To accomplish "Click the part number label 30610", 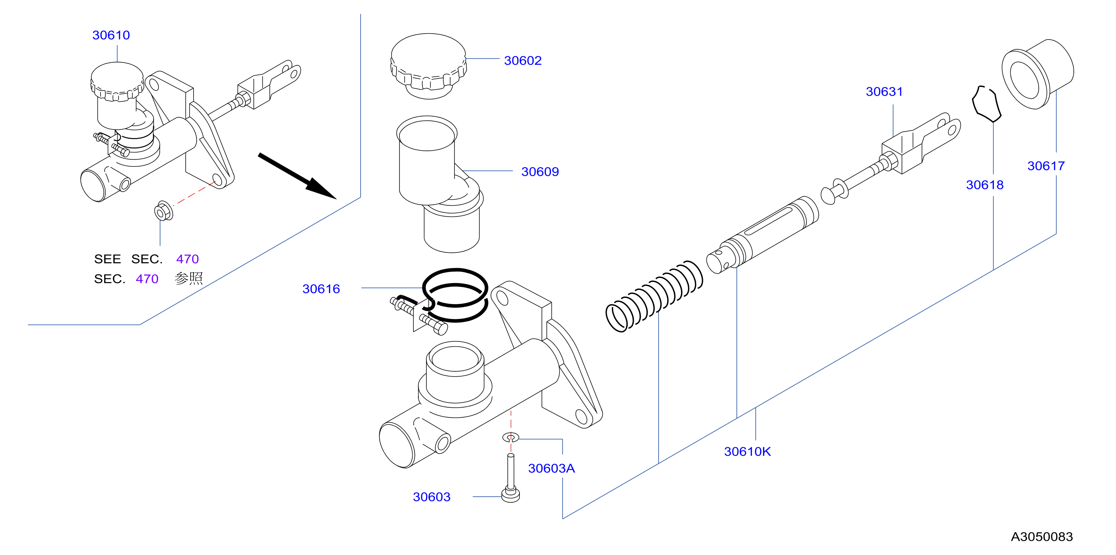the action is [111, 35].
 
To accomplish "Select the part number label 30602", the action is [522, 61].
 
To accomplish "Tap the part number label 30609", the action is [540, 172].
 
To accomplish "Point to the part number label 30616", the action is [321, 289].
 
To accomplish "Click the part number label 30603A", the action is [551, 468].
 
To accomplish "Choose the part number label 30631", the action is [884, 92].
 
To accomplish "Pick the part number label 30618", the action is [984, 185].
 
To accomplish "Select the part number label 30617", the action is [1046, 166].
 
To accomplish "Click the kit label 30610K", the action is [747, 452].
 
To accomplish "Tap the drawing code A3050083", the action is [1042, 537].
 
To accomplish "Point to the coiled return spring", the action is [654, 296].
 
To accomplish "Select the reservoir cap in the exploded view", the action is [428, 66].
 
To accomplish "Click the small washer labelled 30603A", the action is [511, 437].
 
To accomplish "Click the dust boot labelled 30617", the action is [1038, 74].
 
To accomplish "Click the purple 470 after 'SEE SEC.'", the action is [187, 259].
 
